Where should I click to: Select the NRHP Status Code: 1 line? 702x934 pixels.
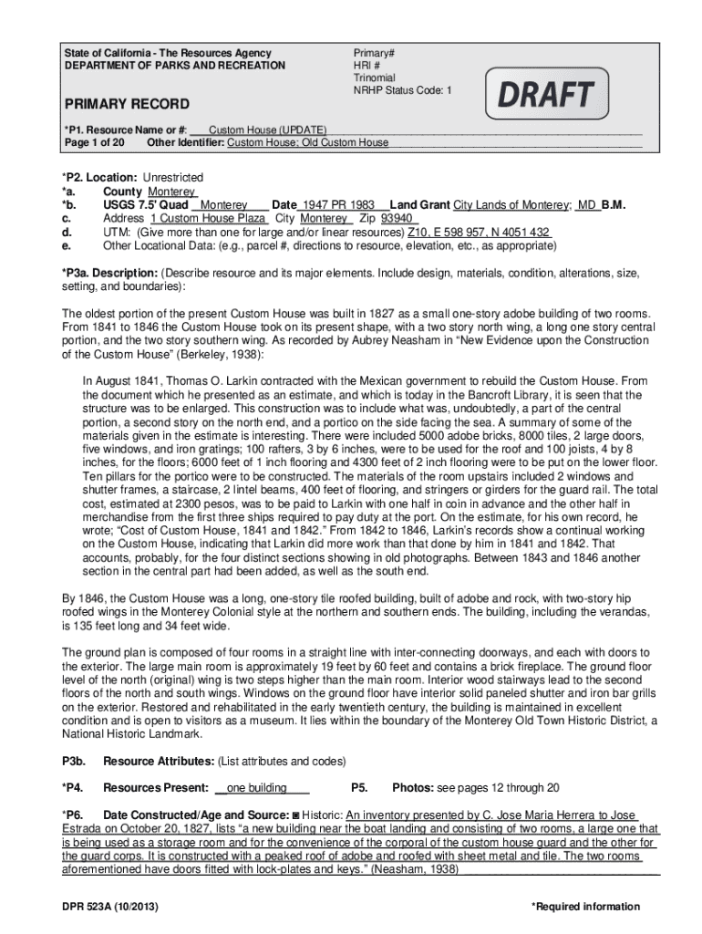(402, 90)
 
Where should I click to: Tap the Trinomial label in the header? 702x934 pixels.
(375, 78)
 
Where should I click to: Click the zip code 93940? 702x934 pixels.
(398, 219)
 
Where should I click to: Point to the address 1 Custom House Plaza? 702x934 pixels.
(208, 219)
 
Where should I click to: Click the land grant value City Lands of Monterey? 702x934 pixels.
(511, 205)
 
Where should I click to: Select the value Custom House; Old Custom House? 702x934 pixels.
(307, 143)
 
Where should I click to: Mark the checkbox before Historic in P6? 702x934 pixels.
(294, 815)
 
